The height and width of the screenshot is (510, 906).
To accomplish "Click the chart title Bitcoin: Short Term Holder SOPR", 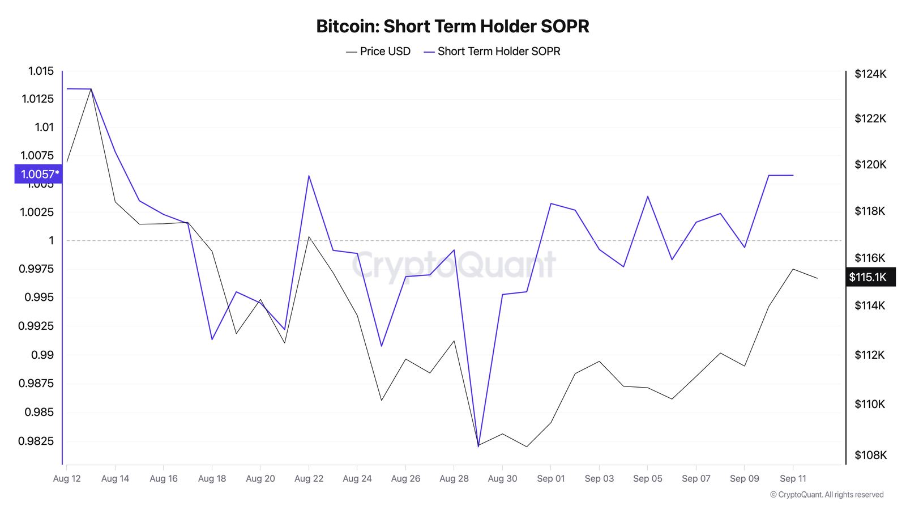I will (x=452, y=26).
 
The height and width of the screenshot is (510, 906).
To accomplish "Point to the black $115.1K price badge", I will (x=870, y=277).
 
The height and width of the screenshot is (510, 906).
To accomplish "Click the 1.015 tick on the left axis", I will (x=41, y=71).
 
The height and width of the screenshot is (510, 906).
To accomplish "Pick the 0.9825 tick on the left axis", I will (x=37, y=441).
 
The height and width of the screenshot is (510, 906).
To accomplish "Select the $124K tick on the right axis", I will (x=870, y=74).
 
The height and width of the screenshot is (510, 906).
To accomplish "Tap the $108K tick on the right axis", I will (x=870, y=455).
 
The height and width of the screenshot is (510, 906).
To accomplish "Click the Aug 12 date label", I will (x=67, y=478).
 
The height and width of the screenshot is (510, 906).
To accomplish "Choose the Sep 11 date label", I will (x=793, y=478).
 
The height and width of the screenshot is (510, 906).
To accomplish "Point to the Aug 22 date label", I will (x=309, y=478).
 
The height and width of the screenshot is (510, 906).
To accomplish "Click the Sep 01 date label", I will (x=551, y=478).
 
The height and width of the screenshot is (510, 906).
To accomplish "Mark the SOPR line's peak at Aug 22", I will (x=309, y=176).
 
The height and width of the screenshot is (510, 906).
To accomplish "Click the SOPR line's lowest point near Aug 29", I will (x=478, y=446).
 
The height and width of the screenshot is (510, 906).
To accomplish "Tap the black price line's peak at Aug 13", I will (x=91, y=89).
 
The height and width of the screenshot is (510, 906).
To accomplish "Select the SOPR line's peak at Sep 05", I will (x=648, y=196).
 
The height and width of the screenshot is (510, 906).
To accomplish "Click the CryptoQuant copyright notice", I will (x=827, y=495).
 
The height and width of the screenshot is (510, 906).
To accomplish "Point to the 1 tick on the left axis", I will (x=51, y=241).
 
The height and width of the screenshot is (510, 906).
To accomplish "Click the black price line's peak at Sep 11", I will (x=793, y=269).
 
